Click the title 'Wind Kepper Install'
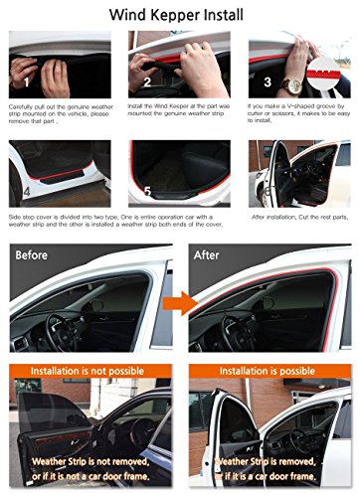180,15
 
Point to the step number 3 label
267,82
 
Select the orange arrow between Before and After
176,305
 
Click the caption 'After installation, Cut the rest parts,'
298,216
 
